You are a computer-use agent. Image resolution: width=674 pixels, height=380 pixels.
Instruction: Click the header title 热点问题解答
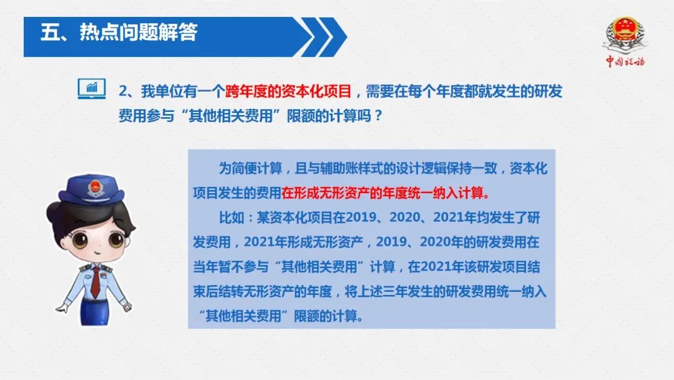point(138,32)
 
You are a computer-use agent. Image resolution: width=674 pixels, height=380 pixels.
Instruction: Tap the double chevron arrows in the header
point(323,37)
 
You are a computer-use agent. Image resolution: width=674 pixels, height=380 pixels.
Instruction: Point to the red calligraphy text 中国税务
point(625,61)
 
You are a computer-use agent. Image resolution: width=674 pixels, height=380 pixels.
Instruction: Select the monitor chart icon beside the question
point(92,89)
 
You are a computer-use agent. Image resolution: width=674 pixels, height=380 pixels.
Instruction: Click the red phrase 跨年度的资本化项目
point(288,91)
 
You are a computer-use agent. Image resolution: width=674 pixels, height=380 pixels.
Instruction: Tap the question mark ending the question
point(378,116)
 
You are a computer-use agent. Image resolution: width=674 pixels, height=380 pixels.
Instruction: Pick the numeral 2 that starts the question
point(124,92)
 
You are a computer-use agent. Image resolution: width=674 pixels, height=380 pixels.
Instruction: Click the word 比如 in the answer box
point(232,217)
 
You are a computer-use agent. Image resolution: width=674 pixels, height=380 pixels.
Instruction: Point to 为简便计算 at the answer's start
point(251,168)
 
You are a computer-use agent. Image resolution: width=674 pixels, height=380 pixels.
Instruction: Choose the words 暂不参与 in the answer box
point(243,267)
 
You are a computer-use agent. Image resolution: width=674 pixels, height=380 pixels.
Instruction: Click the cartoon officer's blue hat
point(92,190)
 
